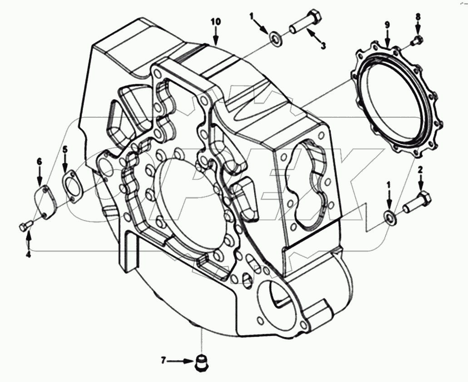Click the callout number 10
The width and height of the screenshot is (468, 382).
216,22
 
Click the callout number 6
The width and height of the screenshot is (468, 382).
39,161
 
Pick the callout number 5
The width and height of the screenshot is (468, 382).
65,149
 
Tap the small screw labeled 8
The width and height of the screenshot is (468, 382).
416,41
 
